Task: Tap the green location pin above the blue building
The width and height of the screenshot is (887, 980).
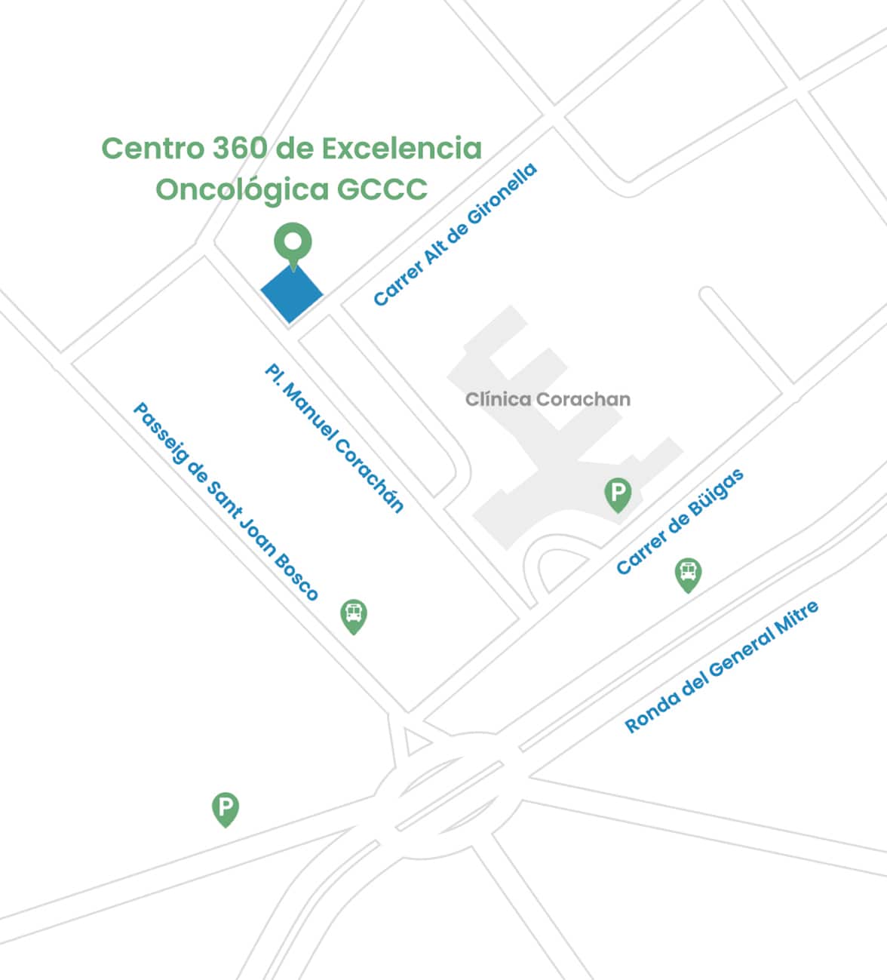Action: [x=293, y=243]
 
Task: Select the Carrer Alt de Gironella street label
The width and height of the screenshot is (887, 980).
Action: [x=455, y=235]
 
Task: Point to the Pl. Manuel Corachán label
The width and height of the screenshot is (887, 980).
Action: [x=334, y=438]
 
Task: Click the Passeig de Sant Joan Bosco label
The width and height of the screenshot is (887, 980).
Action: [x=226, y=501]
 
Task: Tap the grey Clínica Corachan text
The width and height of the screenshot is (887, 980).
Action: [x=548, y=399]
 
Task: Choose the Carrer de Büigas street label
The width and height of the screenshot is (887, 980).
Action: [x=680, y=521]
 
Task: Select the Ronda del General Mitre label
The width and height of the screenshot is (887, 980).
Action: [x=721, y=667]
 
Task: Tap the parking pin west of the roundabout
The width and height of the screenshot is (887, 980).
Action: [x=225, y=808]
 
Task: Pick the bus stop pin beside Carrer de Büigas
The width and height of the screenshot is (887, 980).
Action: [x=688, y=573]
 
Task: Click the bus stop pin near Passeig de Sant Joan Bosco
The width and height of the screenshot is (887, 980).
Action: [x=354, y=614]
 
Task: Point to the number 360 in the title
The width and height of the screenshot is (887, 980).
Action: [x=239, y=148]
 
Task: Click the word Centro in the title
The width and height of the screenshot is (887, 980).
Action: [x=152, y=148]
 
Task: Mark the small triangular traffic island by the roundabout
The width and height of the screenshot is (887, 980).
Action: [x=414, y=742]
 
